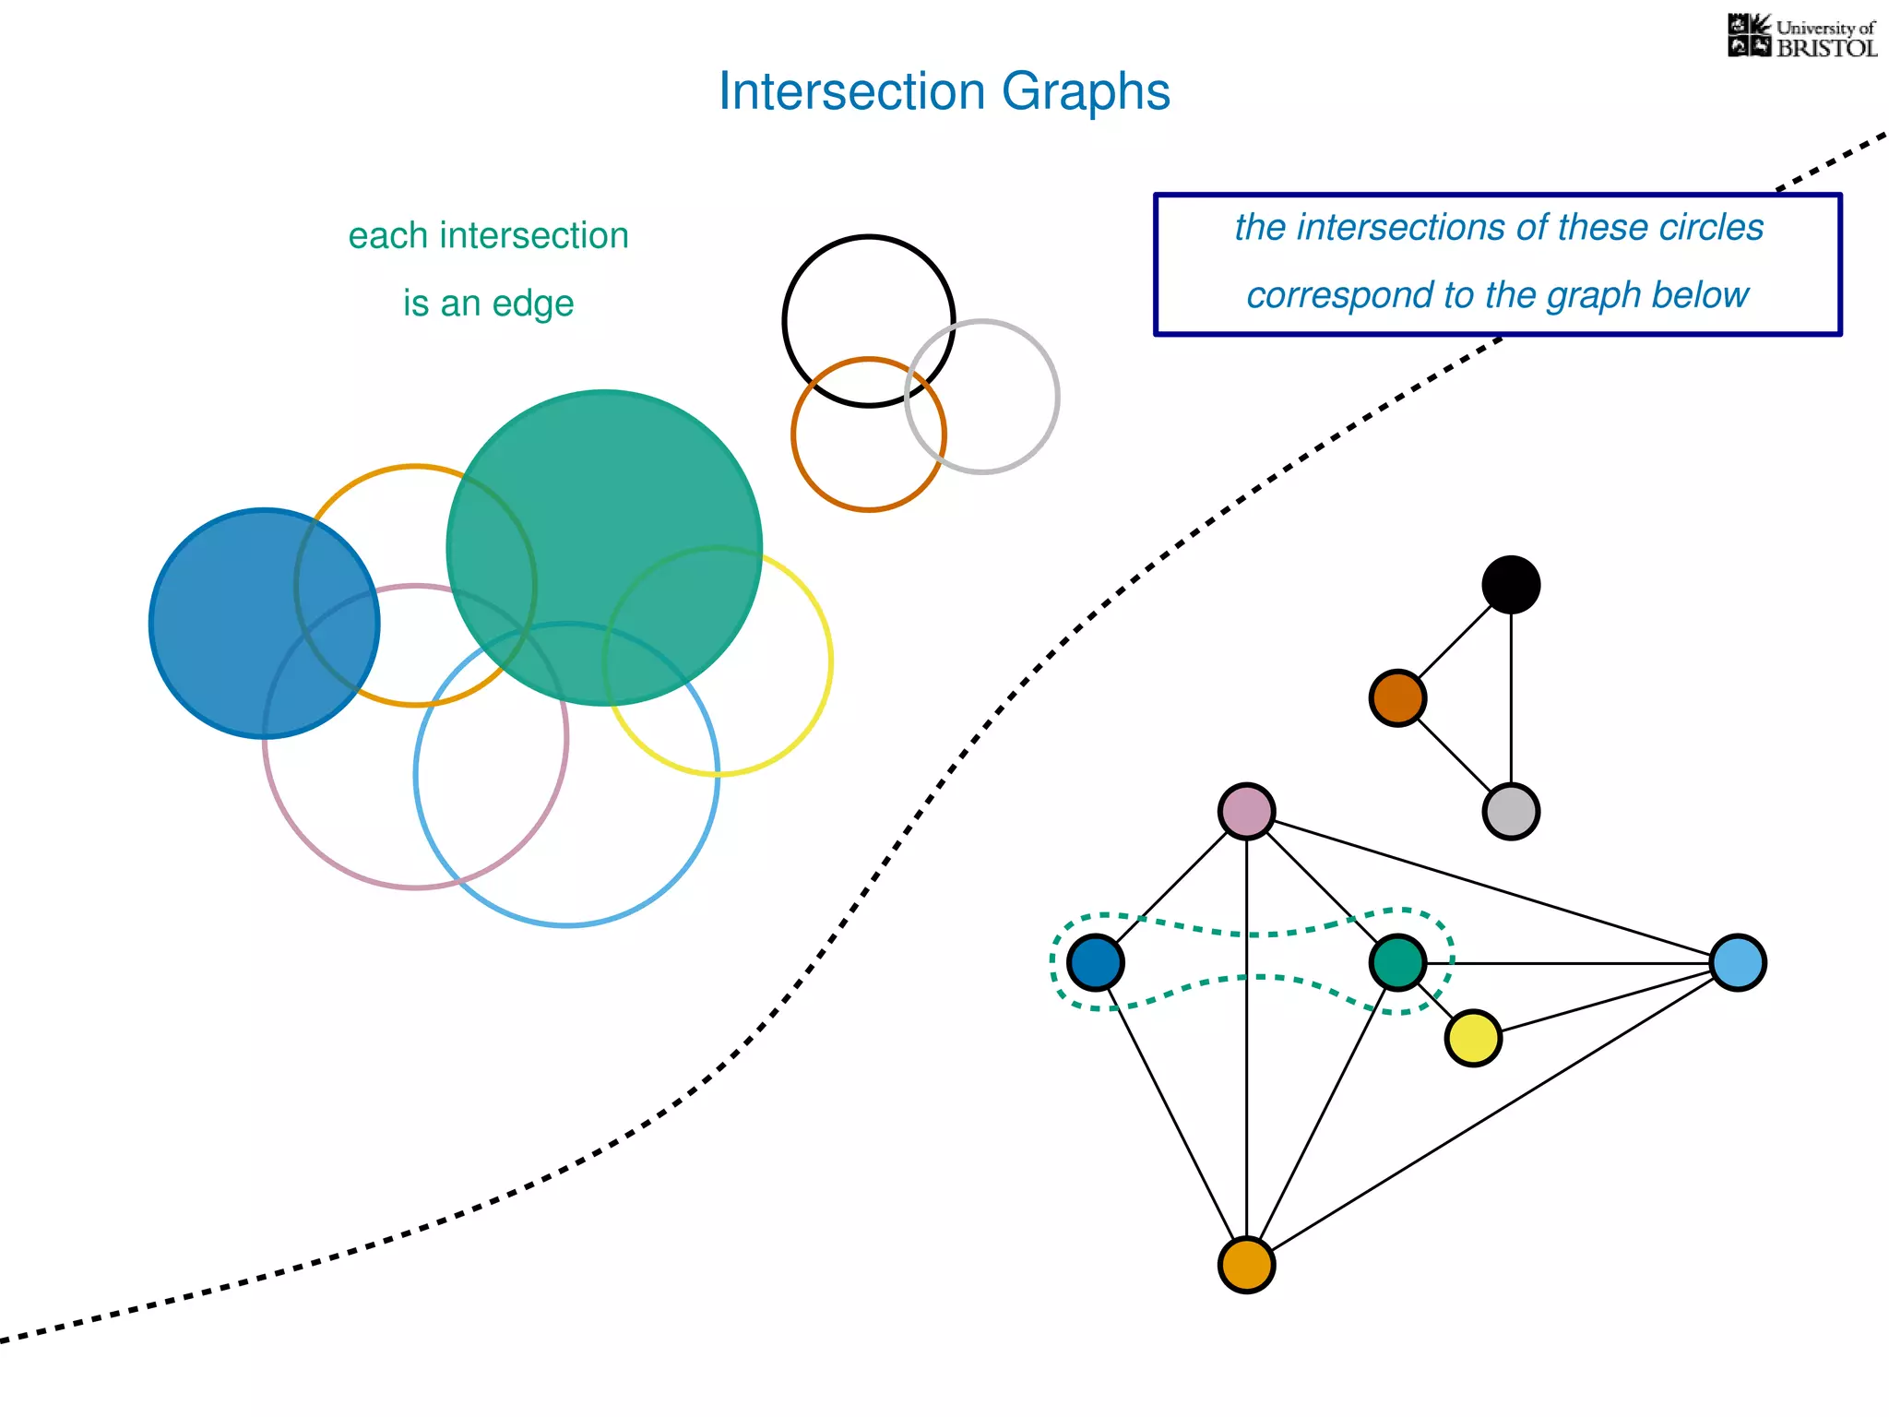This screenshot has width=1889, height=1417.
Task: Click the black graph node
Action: click(x=1511, y=585)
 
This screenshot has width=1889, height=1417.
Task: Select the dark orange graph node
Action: click(x=1397, y=698)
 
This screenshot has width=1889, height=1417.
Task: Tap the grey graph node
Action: click(x=1511, y=812)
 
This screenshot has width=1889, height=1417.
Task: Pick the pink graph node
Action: click(x=1246, y=812)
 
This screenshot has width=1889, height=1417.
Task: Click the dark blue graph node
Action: click(x=1095, y=963)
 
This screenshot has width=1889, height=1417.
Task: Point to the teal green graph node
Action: click(x=1398, y=963)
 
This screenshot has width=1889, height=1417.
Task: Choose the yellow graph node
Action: click(x=1473, y=1038)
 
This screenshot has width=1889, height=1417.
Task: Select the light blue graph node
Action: click(x=1738, y=963)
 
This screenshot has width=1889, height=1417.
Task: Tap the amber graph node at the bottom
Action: click(x=1246, y=1265)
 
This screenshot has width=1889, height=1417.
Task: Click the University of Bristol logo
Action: click(x=1801, y=37)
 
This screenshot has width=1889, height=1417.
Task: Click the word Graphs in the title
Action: click(x=1086, y=92)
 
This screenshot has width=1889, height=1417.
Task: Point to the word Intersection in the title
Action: click(x=852, y=92)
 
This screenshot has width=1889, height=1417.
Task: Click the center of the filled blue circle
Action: click(x=265, y=624)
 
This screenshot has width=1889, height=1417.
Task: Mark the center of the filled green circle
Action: click(x=604, y=548)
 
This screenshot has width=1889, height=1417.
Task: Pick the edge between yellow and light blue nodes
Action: click(x=1605, y=1001)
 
